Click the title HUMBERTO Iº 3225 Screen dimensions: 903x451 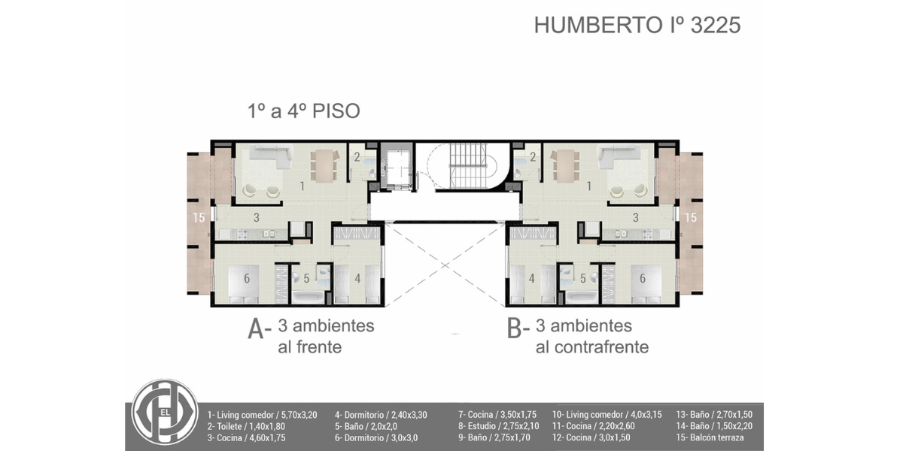pos(637,25)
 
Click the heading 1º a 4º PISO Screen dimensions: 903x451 pos(303,111)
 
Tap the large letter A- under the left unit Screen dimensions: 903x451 pos(259,329)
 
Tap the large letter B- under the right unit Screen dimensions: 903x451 pos(518,329)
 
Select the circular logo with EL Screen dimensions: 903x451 pos(165,412)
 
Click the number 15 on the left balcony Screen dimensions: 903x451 pos(199,217)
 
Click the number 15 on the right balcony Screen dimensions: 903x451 pos(691,217)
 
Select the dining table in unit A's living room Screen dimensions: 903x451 pos(324,165)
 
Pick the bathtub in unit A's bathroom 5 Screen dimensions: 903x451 pos(308,298)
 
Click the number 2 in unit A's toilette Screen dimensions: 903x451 pos(357,157)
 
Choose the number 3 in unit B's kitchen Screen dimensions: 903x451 pos(636,217)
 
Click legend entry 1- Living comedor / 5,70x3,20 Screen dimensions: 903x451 pos(262,415)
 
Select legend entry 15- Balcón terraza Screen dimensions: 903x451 pos(710,437)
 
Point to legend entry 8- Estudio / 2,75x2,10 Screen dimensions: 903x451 pos(498,426)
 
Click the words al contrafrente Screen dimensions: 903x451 pos(592,347)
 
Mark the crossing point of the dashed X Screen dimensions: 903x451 pos(445,265)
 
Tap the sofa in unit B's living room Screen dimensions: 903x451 pos(619,157)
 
